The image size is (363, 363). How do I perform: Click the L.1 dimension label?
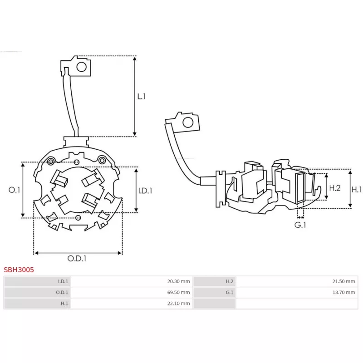[142, 96]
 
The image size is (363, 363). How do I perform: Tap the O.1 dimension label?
[15, 190]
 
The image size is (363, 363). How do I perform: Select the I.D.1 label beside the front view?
[145, 191]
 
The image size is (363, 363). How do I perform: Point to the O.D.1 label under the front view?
[77, 259]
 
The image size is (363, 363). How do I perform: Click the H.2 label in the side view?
[335, 187]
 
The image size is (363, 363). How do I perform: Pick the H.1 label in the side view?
[357, 189]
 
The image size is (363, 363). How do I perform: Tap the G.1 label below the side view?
[300, 225]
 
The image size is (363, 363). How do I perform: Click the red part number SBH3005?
[19, 270]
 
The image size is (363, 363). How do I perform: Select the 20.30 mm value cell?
[179, 281]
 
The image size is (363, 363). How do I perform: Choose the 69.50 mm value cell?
[179, 293]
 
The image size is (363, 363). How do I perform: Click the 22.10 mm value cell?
[179, 304]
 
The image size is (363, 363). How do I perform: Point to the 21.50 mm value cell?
[344, 281]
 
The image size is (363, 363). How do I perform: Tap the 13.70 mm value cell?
[344, 293]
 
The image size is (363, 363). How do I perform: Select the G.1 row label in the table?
[230, 293]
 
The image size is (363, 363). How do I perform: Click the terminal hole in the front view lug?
[81, 67]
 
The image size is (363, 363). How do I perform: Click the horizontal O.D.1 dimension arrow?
[78, 253]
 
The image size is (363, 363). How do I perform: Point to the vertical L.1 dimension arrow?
[135, 96]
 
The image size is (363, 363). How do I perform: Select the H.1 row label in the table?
[64, 304]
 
